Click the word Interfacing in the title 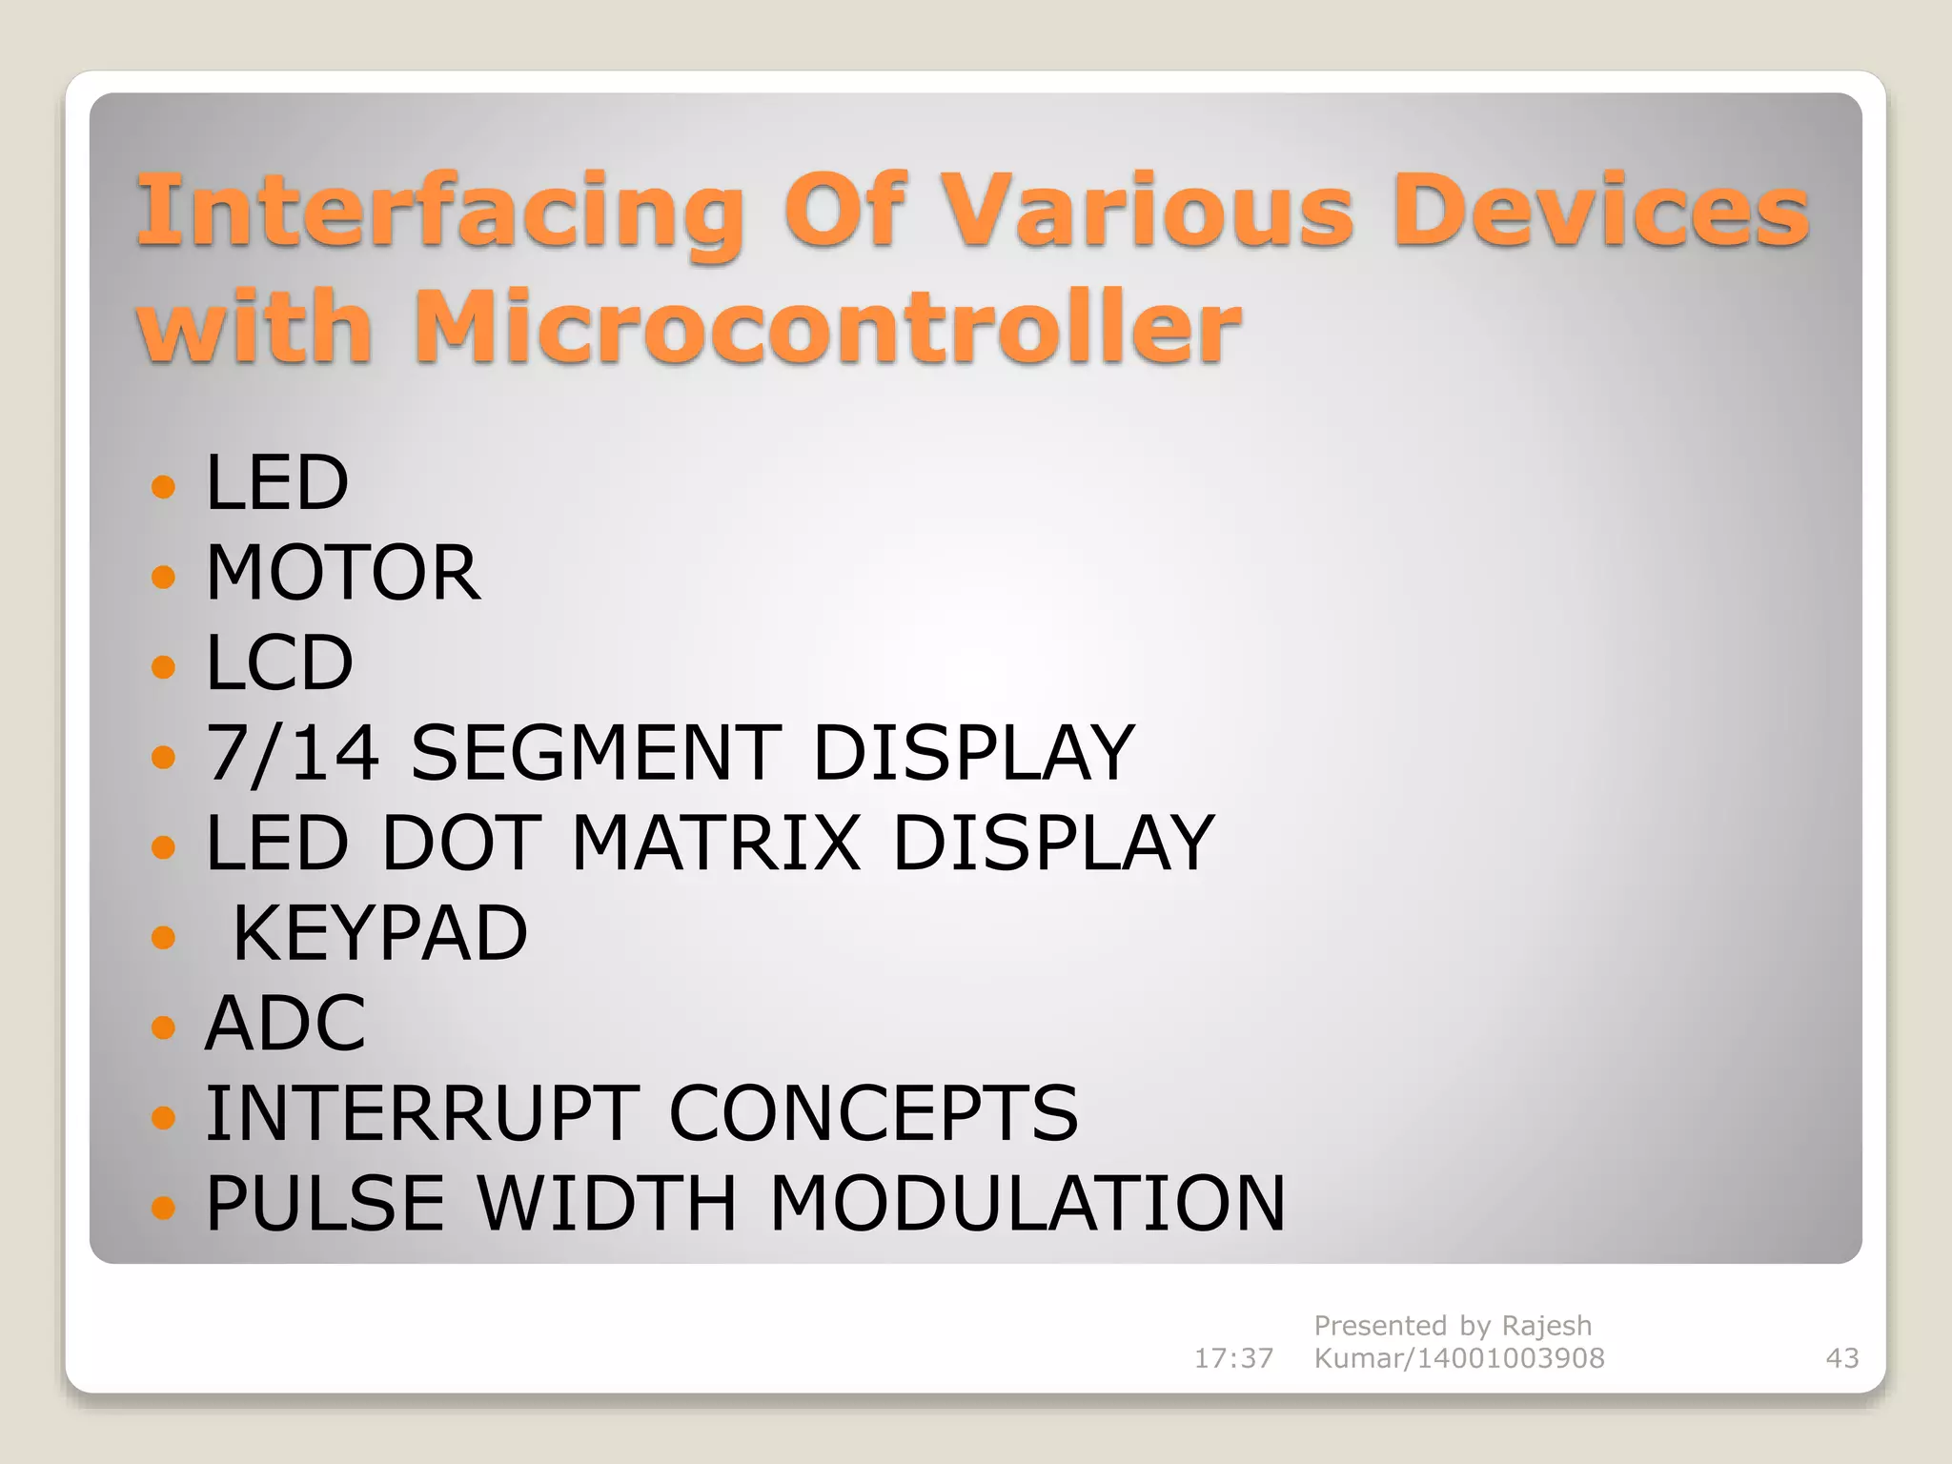click(x=439, y=212)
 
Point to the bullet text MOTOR click(x=343, y=573)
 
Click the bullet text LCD click(x=279, y=663)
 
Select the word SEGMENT click(x=596, y=753)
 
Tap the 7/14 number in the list click(x=293, y=753)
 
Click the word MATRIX click(x=716, y=843)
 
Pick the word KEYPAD click(x=379, y=933)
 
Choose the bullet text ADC click(x=285, y=1024)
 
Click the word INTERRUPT click(x=422, y=1113)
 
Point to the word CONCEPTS click(x=873, y=1113)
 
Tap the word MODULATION click(x=1027, y=1203)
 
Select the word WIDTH click(x=606, y=1203)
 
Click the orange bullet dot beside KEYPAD click(x=164, y=938)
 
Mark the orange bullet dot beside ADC click(x=164, y=1027)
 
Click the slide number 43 click(x=1841, y=1358)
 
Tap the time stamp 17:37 click(x=1233, y=1358)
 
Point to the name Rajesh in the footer click(x=1546, y=1326)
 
